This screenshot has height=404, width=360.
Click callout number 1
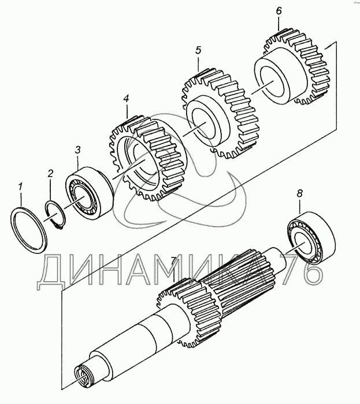[20, 186]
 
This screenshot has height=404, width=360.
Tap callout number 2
[50, 173]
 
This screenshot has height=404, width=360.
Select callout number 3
[77, 151]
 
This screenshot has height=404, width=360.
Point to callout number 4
[125, 99]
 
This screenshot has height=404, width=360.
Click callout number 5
[198, 50]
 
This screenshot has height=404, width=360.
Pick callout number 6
[279, 11]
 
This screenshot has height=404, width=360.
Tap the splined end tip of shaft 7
[84, 379]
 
